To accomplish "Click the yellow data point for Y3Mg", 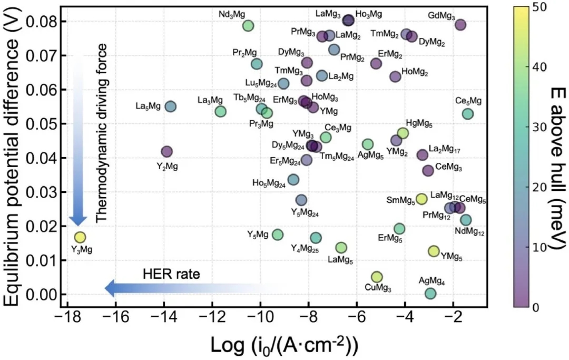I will [x=80, y=237].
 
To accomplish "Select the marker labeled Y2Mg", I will [x=166, y=152].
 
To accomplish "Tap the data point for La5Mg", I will [x=170, y=106].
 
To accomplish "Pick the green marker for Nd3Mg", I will [x=248, y=26].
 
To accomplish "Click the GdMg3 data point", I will [x=460, y=25].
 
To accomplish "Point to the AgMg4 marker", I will [x=430, y=294].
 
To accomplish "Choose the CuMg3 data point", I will [x=377, y=277].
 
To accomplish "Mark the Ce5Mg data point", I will [x=468, y=114].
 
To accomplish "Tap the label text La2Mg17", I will [x=445, y=150].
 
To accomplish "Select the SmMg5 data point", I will [x=421, y=199].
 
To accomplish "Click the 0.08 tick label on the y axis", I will [x=40, y=22].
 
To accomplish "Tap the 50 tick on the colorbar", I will [x=539, y=7].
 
